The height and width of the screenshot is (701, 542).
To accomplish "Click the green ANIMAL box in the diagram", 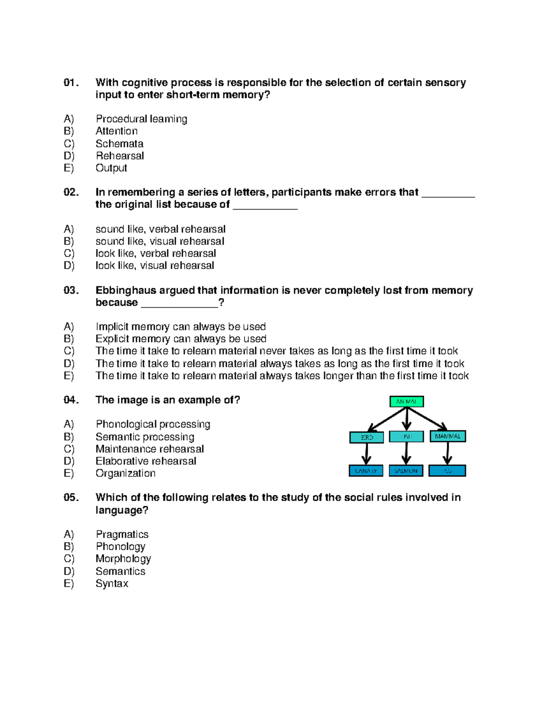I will pos(406,401).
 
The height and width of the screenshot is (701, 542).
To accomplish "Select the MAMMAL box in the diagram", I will pos(448,436).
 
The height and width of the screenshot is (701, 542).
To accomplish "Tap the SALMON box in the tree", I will pos(406,471).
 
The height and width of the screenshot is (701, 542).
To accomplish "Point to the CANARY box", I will pos(366,471).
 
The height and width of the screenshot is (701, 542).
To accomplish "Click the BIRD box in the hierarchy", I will pos(366,437).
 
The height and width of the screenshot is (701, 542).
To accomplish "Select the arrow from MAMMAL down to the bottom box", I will pos(448,453).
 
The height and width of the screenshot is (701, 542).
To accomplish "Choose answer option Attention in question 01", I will pos(117,131).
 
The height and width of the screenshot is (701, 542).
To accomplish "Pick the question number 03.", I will pos(71,290).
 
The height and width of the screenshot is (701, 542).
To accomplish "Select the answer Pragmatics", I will pos(122,534).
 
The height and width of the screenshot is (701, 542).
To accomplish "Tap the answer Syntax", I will pos(112,583).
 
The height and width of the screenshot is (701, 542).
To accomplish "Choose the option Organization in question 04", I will pos(125,473).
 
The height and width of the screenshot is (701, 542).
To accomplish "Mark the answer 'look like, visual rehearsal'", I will pos(154,265).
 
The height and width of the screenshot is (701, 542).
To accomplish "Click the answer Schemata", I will pos(119,144).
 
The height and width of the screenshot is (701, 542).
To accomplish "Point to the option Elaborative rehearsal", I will pos(146,461).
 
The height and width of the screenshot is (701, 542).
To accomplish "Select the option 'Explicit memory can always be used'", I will pos(181,339).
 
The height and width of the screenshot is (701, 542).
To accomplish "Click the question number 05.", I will pos(71,497).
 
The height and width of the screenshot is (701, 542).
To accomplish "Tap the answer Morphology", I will pos(123,558).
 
